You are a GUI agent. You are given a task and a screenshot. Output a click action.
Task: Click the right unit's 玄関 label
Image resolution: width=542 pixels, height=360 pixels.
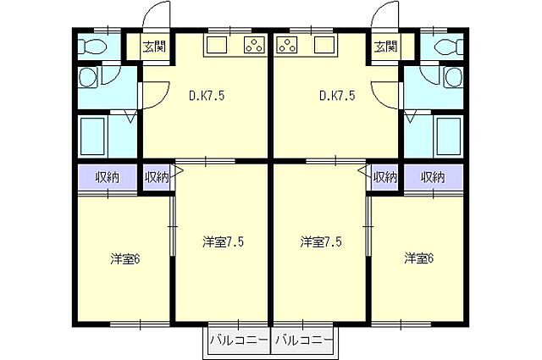click(385, 47)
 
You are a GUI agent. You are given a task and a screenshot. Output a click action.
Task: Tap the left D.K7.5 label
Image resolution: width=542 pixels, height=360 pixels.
click(207, 96)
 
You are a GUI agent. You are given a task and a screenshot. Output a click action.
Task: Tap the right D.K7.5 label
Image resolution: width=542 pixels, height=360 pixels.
click(337, 96)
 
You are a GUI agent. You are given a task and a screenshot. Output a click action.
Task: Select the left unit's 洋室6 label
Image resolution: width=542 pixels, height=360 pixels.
click(125, 258)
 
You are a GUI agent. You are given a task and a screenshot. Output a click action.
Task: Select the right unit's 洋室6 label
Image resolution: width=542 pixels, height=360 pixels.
click(419, 258)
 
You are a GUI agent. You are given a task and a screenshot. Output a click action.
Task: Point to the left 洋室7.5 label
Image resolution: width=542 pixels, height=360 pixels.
click(223, 242)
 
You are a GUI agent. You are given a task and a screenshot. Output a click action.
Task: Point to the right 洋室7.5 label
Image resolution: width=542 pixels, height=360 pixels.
click(321, 242)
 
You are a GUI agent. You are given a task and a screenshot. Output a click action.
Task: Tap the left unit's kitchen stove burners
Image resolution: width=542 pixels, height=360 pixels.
click(253, 45)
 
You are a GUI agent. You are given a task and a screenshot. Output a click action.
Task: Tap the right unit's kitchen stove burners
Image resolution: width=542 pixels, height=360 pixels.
click(288, 45)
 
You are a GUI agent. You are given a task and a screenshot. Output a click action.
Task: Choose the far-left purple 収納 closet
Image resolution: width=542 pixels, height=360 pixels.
click(108, 177)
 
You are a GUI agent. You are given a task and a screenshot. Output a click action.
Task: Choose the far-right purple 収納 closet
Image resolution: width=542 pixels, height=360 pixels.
click(433, 177)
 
